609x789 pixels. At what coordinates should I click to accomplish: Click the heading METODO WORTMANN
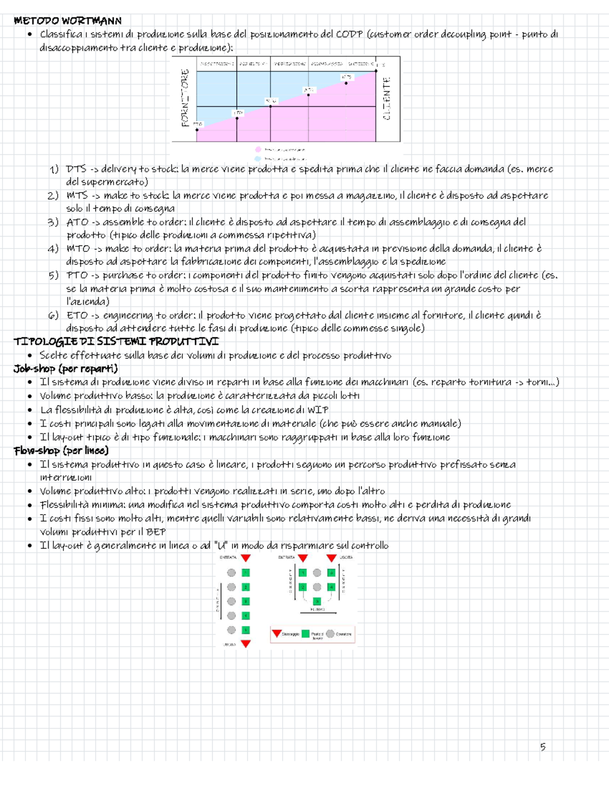67,21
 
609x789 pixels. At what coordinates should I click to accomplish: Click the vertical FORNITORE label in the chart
185,98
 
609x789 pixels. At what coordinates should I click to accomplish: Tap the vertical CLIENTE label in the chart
387,98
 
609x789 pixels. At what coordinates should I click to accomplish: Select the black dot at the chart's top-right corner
376,71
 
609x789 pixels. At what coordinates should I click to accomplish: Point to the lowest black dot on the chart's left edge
197,130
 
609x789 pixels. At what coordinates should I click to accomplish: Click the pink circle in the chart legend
258,149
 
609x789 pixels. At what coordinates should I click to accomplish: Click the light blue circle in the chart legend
258,159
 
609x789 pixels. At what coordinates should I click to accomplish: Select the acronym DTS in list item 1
76,169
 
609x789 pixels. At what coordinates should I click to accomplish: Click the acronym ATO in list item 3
77,222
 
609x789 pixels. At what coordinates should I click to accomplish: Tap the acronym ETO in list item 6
77,315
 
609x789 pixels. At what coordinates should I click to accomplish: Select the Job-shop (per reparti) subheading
65,368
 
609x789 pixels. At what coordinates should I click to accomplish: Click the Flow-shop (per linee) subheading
61,451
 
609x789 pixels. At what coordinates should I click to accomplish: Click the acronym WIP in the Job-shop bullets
318,409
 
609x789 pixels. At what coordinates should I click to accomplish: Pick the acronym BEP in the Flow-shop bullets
156,531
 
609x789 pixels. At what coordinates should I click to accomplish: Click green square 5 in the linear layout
246,630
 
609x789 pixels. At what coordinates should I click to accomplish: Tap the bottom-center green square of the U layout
317,602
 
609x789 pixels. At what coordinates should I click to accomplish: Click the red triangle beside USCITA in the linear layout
246,644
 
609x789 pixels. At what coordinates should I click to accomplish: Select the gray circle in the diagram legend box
330,634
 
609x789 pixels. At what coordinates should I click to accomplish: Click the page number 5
543,746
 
